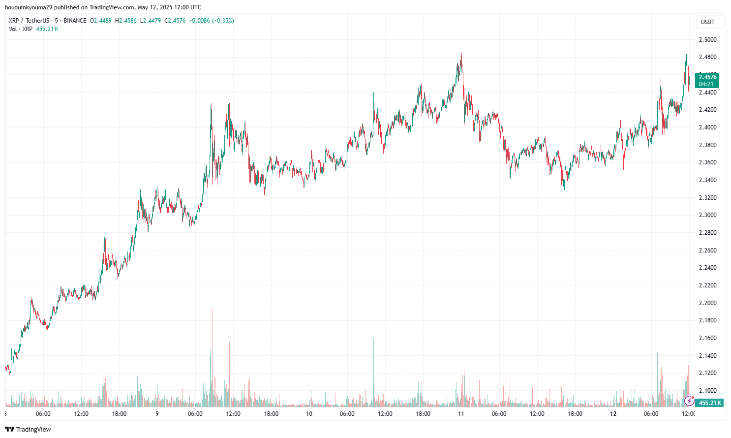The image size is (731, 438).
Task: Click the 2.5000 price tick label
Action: (707, 40)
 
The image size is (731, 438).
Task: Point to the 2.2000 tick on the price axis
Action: (707, 303)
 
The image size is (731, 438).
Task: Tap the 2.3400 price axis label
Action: (707, 180)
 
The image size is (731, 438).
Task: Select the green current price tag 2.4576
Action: (707, 77)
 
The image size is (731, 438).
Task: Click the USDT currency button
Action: (707, 22)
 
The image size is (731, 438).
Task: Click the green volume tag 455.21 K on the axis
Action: (710, 403)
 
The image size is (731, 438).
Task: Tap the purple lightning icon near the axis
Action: (689, 401)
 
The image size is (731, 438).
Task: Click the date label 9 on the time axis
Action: (157, 414)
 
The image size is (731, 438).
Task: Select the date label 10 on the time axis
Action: (309, 414)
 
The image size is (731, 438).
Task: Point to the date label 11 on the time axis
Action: (461, 414)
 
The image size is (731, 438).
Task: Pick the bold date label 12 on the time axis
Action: (613, 414)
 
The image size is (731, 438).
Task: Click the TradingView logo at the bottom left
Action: (28, 429)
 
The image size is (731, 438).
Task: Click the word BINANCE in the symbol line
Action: (75, 21)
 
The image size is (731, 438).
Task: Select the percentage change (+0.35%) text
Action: (223, 21)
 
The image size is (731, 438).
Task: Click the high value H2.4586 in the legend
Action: (126, 21)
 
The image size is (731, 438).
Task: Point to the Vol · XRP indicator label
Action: (21, 29)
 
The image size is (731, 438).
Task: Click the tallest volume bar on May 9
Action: (212, 344)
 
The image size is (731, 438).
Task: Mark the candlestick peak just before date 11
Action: (461, 55)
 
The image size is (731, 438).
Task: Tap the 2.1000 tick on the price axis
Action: (707, 391)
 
